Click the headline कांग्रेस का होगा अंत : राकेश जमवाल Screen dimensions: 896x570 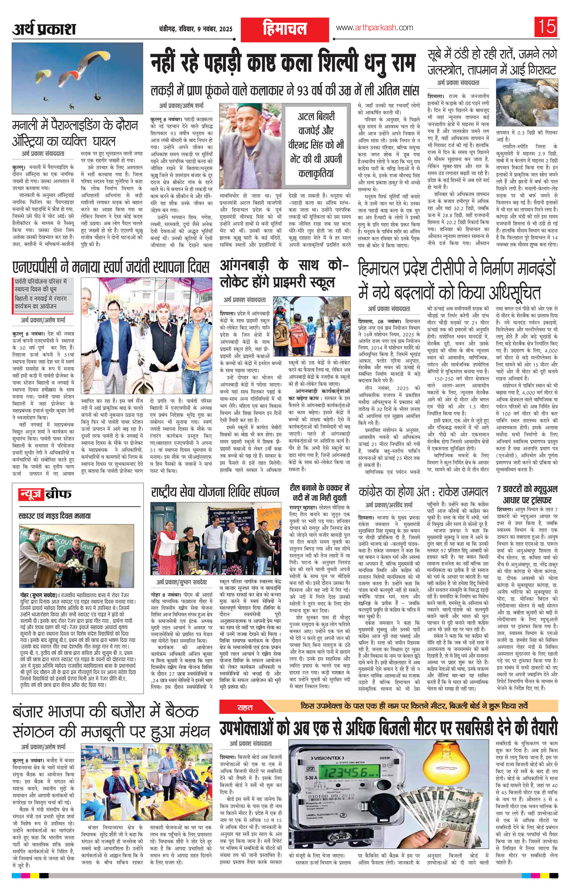coord(423,493)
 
